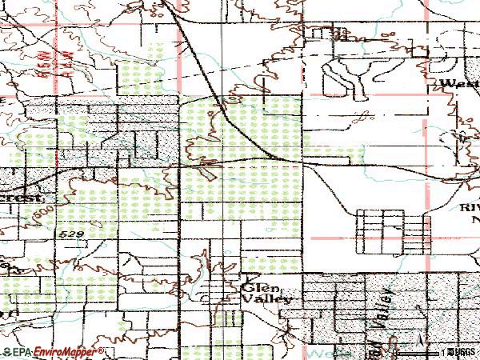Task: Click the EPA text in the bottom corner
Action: point(19,352)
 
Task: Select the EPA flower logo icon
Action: point(6,352)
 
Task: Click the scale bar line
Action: point(423,351)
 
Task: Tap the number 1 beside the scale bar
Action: point(442,351)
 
